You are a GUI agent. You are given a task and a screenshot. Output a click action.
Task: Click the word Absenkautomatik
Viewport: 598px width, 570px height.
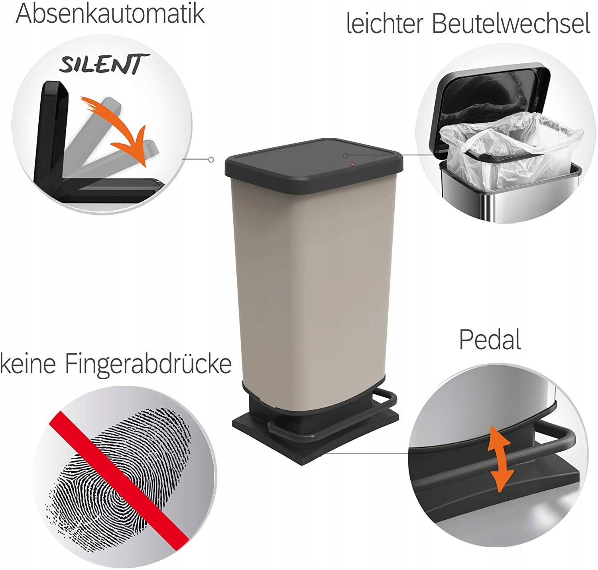pos(110,13)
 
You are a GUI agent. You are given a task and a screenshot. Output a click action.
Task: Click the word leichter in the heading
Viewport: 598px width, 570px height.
pos(385,24)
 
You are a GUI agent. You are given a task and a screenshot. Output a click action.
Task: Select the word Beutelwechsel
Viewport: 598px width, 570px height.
pos(511,24)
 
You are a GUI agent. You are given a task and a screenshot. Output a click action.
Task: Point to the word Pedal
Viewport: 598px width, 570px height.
pos(490,339)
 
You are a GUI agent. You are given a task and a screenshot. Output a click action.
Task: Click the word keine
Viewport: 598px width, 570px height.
pos(28,364)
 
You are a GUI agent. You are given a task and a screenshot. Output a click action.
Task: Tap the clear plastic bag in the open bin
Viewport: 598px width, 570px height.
pos(511,152)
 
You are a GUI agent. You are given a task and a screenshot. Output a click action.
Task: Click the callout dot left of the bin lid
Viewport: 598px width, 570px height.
pos(211,160)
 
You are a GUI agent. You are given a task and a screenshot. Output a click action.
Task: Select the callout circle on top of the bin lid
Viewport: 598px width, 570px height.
pos(345,155)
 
